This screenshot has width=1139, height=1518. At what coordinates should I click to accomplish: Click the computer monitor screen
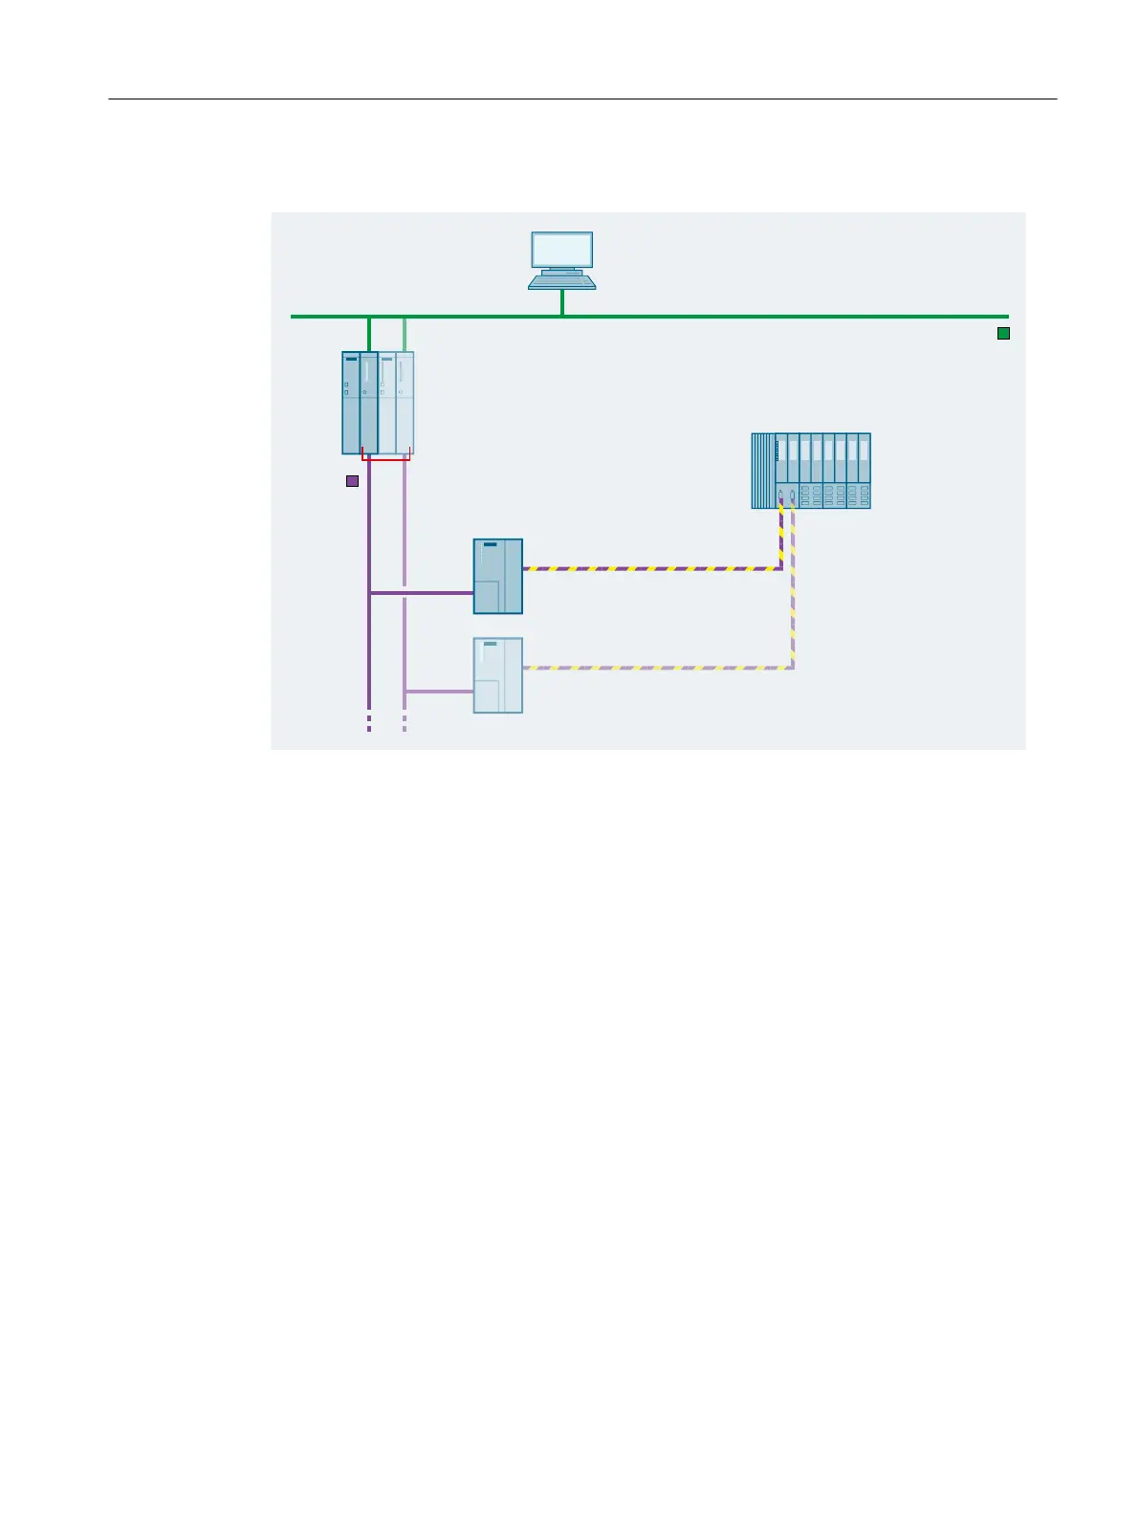[562, 250]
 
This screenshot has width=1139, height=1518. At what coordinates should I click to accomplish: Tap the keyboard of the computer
[562, 281]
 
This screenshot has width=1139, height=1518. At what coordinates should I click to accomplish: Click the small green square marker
[1003, 334]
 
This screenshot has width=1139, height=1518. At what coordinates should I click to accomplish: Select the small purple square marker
[352, 481]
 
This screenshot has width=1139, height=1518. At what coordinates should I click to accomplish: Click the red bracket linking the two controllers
[385, 460]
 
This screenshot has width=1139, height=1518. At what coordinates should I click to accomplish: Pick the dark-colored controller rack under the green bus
[360, 403]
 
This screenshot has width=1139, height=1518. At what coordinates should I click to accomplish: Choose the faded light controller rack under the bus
[397, 403]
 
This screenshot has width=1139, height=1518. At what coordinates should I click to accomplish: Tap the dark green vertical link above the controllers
[368, 334]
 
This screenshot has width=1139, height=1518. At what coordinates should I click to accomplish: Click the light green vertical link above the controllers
[405, 334]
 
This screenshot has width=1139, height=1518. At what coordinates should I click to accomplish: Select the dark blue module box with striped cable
[498, 576]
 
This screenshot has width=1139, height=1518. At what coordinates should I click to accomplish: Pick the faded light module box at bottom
[498, 675]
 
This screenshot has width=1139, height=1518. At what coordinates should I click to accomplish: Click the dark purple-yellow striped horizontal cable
[650, 569]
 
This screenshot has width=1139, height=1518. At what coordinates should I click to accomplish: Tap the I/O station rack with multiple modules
[811, 471]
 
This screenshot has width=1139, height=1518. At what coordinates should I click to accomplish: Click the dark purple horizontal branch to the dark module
[421, 593]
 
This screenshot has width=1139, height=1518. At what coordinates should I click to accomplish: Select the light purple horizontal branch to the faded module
[439, 691]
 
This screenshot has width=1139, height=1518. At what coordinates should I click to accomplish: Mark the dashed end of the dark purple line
[368, 723]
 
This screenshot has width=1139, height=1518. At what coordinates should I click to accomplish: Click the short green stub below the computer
[562, 302]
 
